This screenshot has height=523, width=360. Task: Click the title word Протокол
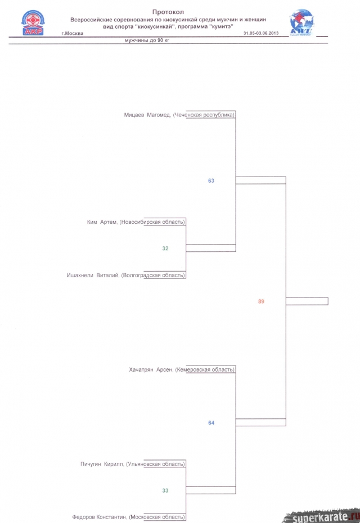pos(168,12)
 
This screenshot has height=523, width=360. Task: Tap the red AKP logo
pos(33,22)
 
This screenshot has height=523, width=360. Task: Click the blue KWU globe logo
pos(301,22)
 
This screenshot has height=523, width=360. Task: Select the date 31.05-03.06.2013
pos(261,33)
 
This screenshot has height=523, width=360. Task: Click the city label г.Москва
pos(73,33)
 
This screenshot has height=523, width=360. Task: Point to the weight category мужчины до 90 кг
pos(147,40)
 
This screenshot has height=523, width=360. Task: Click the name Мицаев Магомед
pos(147,115)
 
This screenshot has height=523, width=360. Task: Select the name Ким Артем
pos(102,222)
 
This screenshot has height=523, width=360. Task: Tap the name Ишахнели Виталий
pos(93,276)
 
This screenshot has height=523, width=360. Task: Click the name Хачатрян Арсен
pos(151,370)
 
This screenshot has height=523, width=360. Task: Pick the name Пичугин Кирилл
pos(102,465)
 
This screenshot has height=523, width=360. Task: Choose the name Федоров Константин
pos(100,517)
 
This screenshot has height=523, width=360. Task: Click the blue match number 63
pos(211,181)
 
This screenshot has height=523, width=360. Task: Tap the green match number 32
pos(165,249)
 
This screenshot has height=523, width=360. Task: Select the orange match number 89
pos(261,301)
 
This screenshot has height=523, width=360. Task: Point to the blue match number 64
pos(211,423)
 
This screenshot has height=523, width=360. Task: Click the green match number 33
pos(165,490)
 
